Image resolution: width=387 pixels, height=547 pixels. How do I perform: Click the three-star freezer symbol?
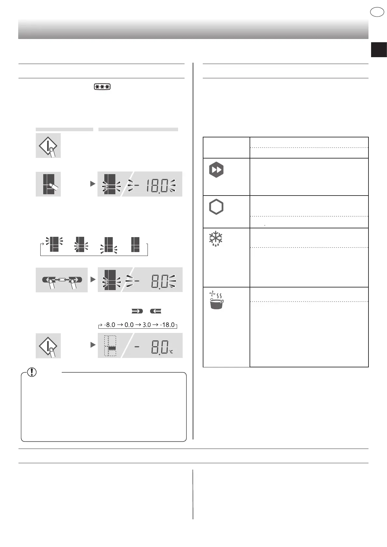102,87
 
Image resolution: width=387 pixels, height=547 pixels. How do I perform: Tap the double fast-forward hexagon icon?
216,170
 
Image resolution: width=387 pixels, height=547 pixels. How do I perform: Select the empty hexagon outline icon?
216,207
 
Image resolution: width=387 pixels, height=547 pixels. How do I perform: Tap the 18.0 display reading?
157,185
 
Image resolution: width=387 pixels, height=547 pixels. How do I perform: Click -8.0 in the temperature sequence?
110,325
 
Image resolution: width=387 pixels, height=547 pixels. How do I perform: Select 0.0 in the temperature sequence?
129,325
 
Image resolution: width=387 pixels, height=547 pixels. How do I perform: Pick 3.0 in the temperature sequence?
147,325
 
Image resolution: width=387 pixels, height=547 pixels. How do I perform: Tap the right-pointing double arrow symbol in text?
137,311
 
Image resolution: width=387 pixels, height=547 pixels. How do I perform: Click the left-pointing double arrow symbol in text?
156,311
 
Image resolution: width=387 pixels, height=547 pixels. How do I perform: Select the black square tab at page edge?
379,50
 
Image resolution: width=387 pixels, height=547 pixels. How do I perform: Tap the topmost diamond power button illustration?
48,145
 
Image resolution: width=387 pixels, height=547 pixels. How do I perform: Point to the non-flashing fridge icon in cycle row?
135,245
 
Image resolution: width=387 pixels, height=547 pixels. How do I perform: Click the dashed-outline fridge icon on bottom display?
110,346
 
